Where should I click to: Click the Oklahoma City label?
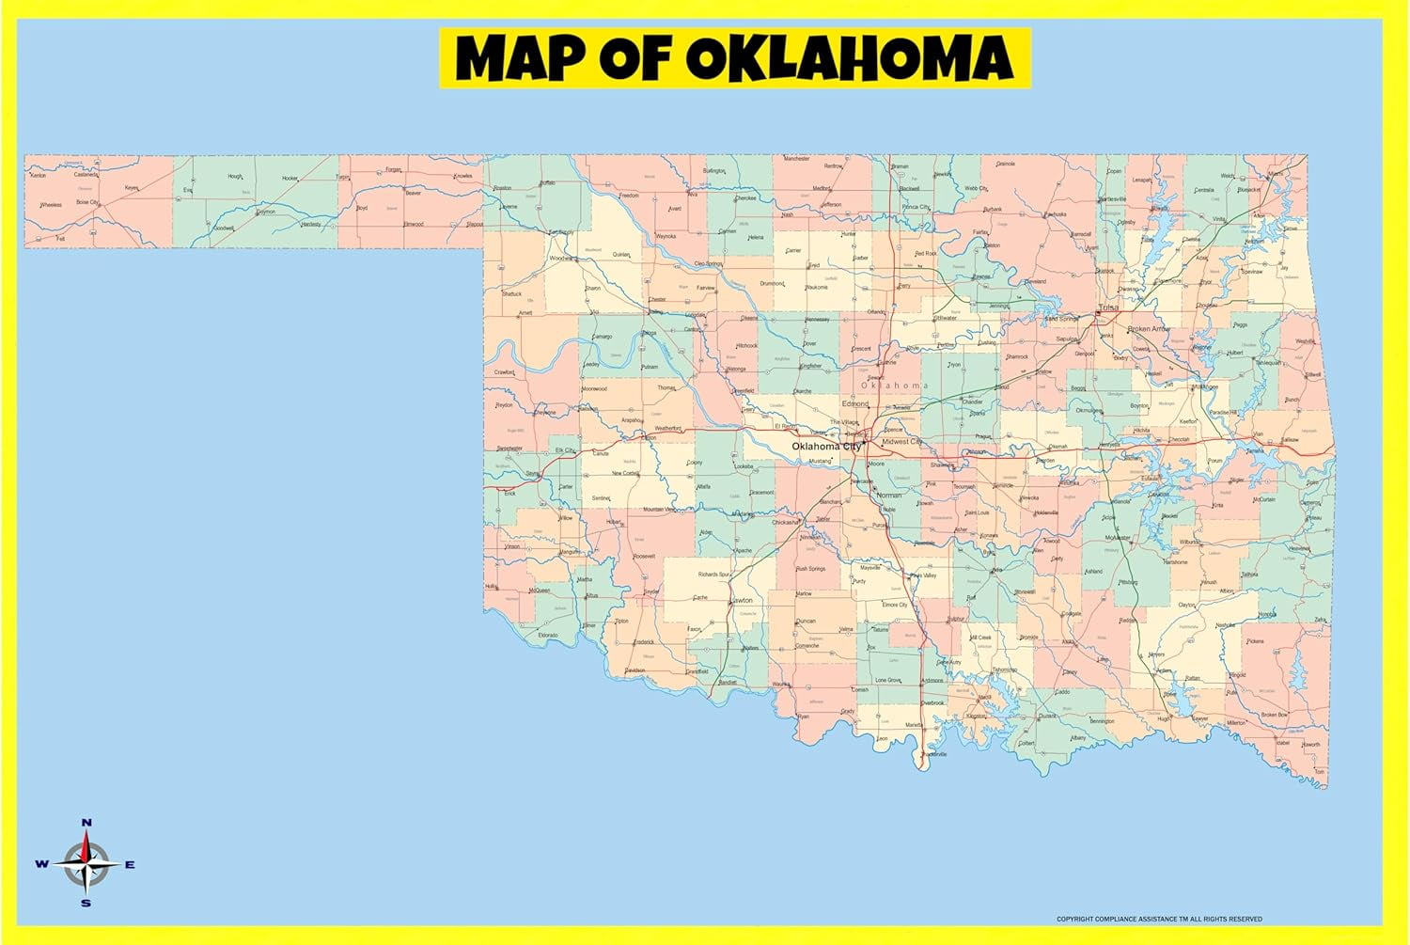(825, 446)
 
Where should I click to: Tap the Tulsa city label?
(1109, 307)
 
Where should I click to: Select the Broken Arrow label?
(1149, 329)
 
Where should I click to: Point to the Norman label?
(888, 495)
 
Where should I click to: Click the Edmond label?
(854, 403)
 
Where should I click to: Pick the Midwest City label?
(901, 441)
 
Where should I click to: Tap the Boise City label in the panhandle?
(87, 202)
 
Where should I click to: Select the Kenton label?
(38, 176)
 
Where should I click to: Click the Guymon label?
(266, 212)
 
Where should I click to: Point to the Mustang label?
(820, 461)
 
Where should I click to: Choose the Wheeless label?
(51, 205)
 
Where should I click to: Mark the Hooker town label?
(290, 179)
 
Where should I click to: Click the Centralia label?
(1203, 190)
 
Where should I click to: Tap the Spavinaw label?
(1251, 272)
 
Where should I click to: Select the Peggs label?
(1240, 324)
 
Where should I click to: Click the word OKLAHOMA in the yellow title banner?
(849, 58)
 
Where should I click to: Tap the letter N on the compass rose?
(86, 823)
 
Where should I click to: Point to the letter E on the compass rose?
(130, 865)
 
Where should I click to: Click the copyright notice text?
(1159, 919)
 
